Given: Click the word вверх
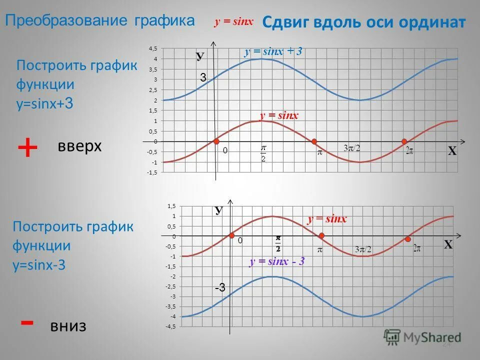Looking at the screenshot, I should pyautogui.click(x=80, y=146).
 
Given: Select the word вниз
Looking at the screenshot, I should pyautogui.click(x=68, y=326).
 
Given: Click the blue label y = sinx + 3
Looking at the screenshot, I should pyautogui.click(x=273, y=51).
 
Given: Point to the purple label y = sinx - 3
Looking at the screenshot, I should pyautogui.click(x=277, y=261).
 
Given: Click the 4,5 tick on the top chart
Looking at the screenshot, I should pyautogui.click(x=152, y=48).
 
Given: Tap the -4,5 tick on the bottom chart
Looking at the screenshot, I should pyautogui.click(x=171, y=326).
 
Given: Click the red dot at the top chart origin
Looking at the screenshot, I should pyautogui.click(x=216, y=141).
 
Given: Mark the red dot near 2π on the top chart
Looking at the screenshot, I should pyautogui.click(x=404, y=141).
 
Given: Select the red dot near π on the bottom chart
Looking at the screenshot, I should pyautogui.click(x=321, y=235).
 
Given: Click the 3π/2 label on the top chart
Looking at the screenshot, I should pyautogui.click(x=352, y=148).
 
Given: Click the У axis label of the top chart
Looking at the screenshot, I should pyautogui.click(x=200, y=56).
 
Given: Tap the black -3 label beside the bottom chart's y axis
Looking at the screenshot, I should pyautogui.click(x=220, y=287).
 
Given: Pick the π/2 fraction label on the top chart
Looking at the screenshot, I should pyautogui.click(x=263, y=153).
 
